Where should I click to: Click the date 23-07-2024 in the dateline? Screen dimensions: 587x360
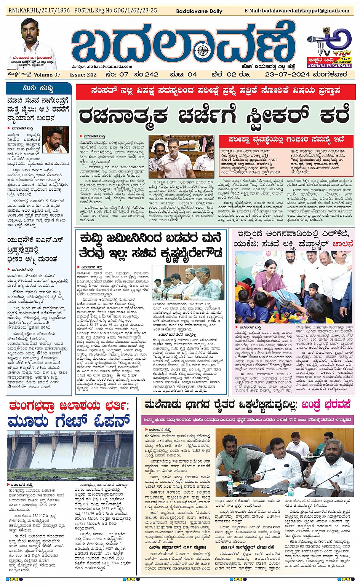point(288,74)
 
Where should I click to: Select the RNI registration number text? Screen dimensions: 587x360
point(39,11)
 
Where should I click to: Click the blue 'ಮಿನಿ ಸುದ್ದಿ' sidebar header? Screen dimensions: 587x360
point(38,88)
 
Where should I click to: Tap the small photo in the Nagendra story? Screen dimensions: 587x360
point(55,140)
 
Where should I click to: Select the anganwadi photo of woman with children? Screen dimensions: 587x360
point(293,287)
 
